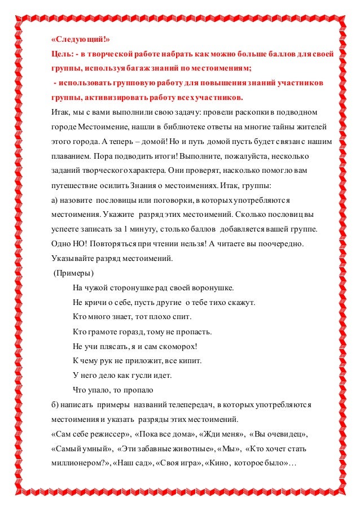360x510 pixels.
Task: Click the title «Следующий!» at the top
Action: click(78, 40)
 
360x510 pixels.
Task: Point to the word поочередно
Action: click(282, 245)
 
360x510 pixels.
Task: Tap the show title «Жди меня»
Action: click(225, 434)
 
